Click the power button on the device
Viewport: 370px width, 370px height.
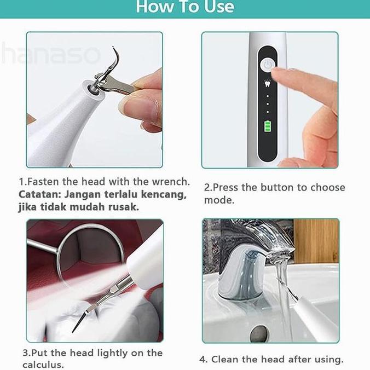(267, 65)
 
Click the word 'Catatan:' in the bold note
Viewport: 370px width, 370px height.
(40, 194)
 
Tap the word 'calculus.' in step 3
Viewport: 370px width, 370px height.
(43, 365)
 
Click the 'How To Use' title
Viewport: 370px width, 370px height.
(185, 7)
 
